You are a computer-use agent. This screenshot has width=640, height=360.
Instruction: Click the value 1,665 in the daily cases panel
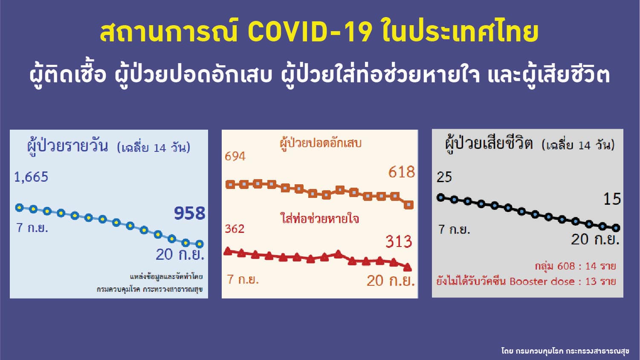(x=31, y=177)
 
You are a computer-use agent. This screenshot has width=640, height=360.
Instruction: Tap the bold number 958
(x=190, y=213)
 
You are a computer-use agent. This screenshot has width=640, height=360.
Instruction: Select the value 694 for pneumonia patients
(x=235, y=156)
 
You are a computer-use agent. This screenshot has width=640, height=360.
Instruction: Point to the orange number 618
(x=401, y=172)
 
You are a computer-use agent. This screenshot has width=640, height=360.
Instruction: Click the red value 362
(x=235, y=229)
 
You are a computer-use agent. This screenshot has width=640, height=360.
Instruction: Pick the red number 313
(x=399, y=241)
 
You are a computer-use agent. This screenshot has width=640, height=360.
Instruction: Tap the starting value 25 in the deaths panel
(x=444, y=177)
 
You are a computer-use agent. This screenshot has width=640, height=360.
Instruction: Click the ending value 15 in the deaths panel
(x=612, y=199)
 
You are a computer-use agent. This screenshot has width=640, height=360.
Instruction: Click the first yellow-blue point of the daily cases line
(x=20, y=207)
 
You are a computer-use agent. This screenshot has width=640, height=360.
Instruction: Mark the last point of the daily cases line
(x=200, y=244)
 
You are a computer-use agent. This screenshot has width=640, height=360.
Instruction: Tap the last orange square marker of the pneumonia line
(x=409, y=205)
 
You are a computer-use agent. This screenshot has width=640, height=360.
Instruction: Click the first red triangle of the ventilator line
(x=228, y=251)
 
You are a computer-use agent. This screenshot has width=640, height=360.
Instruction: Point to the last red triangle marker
(x=408, y=267)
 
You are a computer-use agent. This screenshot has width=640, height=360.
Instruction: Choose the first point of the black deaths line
(x=441, y=197)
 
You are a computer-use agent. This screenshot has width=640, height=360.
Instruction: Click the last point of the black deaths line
(x=616, y=228)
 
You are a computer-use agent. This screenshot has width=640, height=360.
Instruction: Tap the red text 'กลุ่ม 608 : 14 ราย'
(x=576, y=266)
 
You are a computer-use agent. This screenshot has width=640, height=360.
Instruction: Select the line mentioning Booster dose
(x=526, y=282)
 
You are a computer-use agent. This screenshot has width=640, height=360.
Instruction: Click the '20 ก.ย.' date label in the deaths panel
(x=595, y=239)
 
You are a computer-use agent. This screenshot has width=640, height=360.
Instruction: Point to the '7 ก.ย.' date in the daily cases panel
(x=32, y=228)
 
